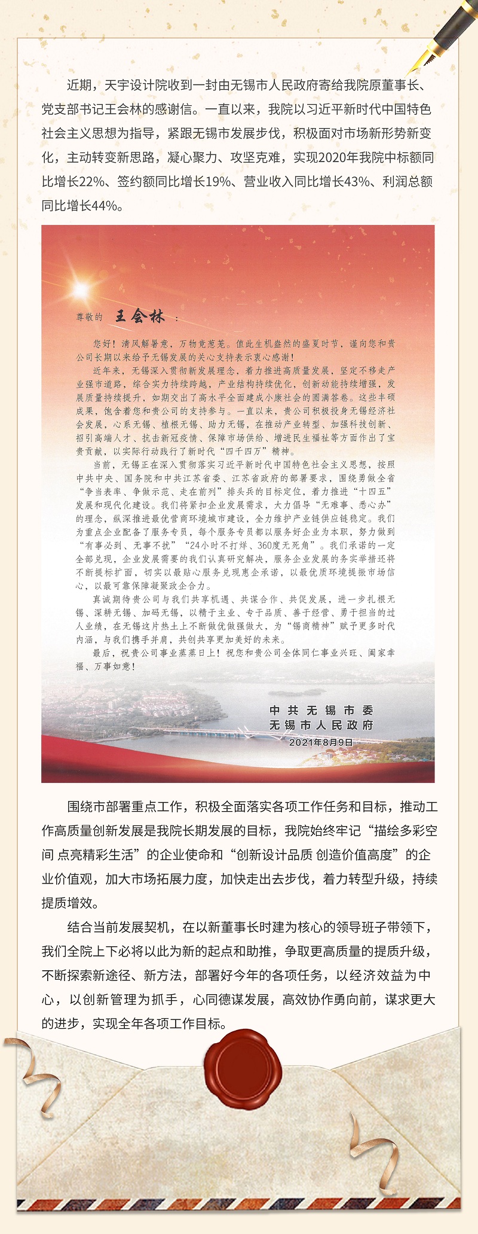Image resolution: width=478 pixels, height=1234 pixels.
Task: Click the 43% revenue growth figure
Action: tap(357, 182)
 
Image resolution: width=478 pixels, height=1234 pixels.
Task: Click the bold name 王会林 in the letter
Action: tap(140, 316)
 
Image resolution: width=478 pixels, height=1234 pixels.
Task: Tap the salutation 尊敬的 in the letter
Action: tap(89, 318)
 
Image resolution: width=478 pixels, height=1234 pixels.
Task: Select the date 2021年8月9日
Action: tap(321, 742)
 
